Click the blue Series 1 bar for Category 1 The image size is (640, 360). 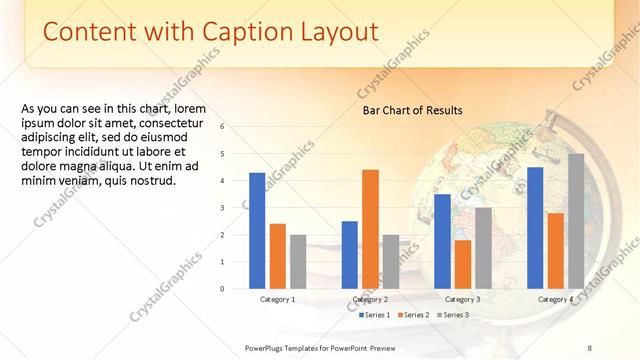[257, 231]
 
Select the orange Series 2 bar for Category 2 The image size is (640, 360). [370, 229]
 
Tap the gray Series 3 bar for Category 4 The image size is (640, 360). [576, 221]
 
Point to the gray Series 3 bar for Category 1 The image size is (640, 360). [298, 262]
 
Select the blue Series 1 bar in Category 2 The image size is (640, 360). [350, 255]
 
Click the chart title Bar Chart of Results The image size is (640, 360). [412, 110]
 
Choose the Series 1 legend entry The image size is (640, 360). [375, 315]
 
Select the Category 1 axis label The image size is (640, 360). [277, 299]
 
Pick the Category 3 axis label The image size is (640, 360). [462, 299]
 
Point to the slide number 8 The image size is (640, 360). [589, 347]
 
